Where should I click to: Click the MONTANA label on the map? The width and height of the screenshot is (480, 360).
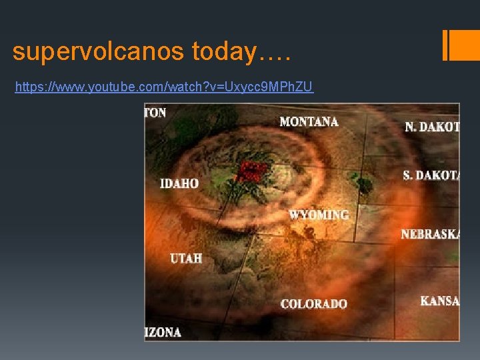tap(309, 121)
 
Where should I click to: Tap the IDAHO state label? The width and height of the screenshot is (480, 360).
tap(179, 183)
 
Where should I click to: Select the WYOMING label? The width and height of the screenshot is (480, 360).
tap(319, 215)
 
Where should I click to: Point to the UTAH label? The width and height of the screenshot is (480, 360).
tap(186, 258)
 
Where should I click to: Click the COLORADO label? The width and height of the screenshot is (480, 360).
tap(314, 304)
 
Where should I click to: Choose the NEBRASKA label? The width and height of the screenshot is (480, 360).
tap(430, 235)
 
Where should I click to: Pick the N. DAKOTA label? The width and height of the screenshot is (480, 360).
tap(432, 126)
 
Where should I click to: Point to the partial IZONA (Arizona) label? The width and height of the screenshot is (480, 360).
tap(163, 331)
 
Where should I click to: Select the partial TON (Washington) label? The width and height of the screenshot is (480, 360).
tap(155, 113)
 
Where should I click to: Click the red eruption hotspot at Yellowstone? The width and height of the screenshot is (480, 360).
tap(250, 171)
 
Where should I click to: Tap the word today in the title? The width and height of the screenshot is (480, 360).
tap(225, 51)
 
